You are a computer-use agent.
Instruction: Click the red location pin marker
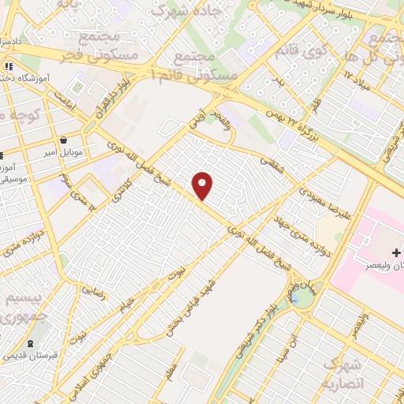[204, 185]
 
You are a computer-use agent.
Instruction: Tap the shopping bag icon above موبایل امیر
[62, 140]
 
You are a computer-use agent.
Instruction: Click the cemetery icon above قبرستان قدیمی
[31, 344]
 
